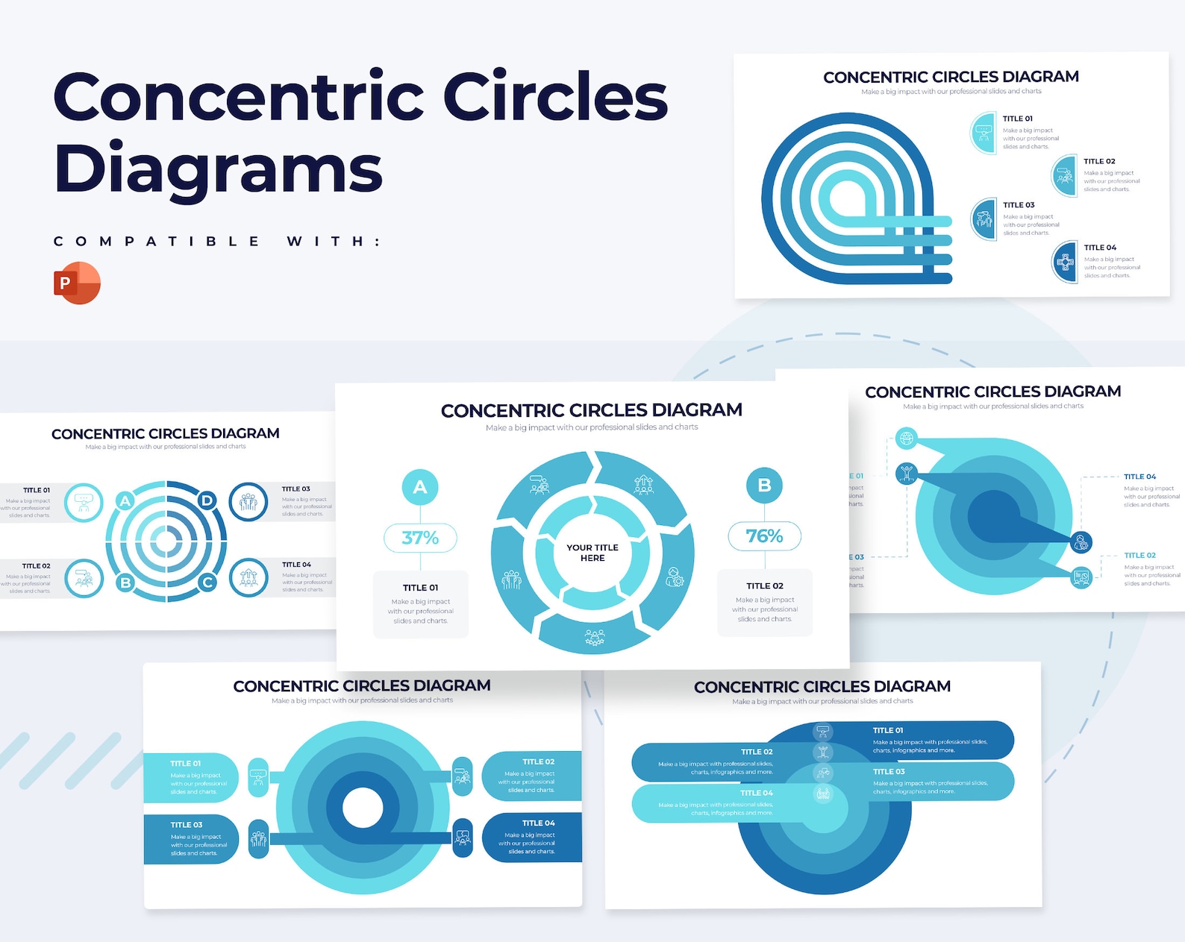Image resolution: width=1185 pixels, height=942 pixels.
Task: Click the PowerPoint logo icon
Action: (x=77, y=283)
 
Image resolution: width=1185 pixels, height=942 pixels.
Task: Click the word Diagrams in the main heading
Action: (x=218, y=168)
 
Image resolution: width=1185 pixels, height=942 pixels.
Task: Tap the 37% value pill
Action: (x=420, y=538)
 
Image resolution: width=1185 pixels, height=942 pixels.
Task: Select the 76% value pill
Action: (x=764, y=536)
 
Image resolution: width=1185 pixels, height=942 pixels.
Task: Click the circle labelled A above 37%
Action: (x=420, y=487)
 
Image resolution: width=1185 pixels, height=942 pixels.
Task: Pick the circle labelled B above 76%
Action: (x=764, y=486)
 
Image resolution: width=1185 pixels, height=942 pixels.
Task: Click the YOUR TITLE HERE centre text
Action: (x=592, y=553)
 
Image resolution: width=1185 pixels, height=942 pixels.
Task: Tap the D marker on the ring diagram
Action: (x=207, y=500)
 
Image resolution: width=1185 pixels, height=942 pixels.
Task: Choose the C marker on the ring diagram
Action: (x=207, y=583)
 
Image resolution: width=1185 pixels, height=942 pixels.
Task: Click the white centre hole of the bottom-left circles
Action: (x=363, y=807)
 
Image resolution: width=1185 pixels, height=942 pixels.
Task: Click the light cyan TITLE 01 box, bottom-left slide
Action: (x=190, y=778)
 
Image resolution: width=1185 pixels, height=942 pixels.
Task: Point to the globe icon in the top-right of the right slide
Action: (x=907, y=438)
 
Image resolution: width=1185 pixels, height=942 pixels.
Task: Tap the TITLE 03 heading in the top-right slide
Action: (x=1019, y=205)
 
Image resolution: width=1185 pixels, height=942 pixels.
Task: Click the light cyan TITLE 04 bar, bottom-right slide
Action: (x=716, y=803)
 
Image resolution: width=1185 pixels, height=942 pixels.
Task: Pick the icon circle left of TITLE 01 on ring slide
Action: (x=84, y=502)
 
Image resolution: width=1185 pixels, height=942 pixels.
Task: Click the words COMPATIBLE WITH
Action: (x=217, y=242)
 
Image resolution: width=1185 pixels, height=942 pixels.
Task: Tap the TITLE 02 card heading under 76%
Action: (x=764, y=586)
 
